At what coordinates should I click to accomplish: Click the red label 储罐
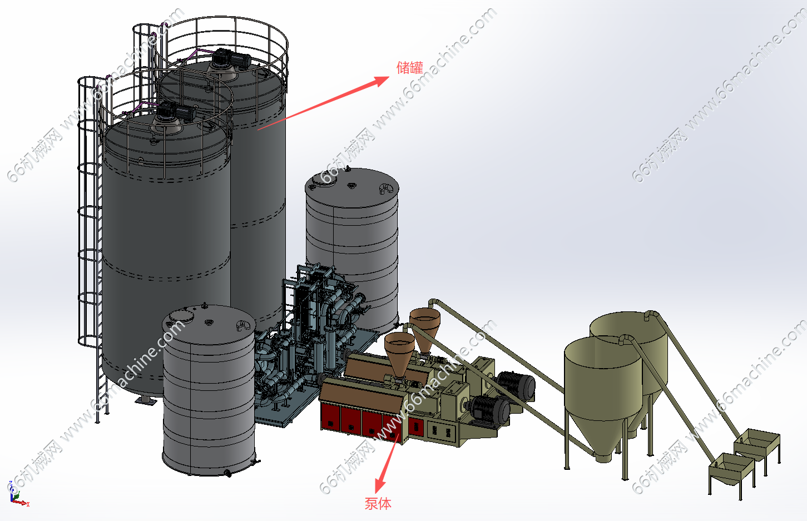point(410,68)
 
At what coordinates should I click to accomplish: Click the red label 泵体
point(378,504)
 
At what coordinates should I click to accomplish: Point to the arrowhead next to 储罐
point(382,81)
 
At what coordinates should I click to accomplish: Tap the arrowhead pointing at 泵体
point(380,484)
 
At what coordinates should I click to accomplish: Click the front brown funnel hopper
point(399,353)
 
